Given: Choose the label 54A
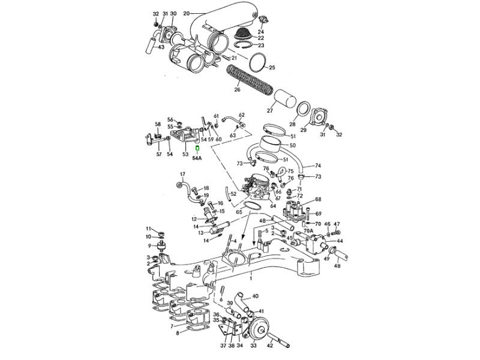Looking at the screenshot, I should (197, 158).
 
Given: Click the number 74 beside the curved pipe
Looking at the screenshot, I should (318, 166).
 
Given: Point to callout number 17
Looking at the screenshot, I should (183, 175).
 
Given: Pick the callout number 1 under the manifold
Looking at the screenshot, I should (251, 279).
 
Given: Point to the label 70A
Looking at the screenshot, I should (307, 230).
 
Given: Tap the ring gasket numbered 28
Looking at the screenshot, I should (304, 112).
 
